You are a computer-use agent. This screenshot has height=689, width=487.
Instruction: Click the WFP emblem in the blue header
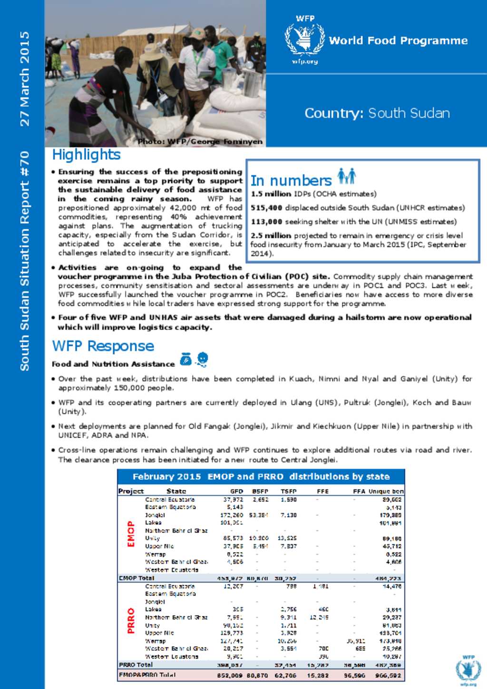[x=304, y=40]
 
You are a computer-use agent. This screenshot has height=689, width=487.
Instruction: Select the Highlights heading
[x=86, y=155]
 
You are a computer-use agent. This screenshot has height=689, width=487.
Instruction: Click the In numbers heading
[x=291, y=181]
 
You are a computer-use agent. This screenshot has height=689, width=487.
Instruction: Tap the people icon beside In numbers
[x=347, y=176]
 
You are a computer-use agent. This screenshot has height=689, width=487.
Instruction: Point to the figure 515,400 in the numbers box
[x=266, y=208]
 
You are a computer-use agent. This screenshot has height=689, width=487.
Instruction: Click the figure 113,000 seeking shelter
[x=266, y=222]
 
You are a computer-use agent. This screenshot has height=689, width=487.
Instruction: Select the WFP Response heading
[x=103, y=346]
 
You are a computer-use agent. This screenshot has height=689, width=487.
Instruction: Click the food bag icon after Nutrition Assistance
[x=186, y=359]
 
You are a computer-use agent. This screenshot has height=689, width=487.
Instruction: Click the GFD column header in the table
[x=236, y=491]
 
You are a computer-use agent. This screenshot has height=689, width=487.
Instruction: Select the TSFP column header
[x=289, y=491]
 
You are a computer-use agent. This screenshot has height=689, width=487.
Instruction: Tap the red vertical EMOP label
[x=131, y=534]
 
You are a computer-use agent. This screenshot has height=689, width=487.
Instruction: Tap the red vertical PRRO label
[x=131, y=621]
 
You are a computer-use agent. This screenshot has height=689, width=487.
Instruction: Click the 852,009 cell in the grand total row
[x=230, y=675]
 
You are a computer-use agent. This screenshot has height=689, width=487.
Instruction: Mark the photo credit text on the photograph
[x=200, y=142]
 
